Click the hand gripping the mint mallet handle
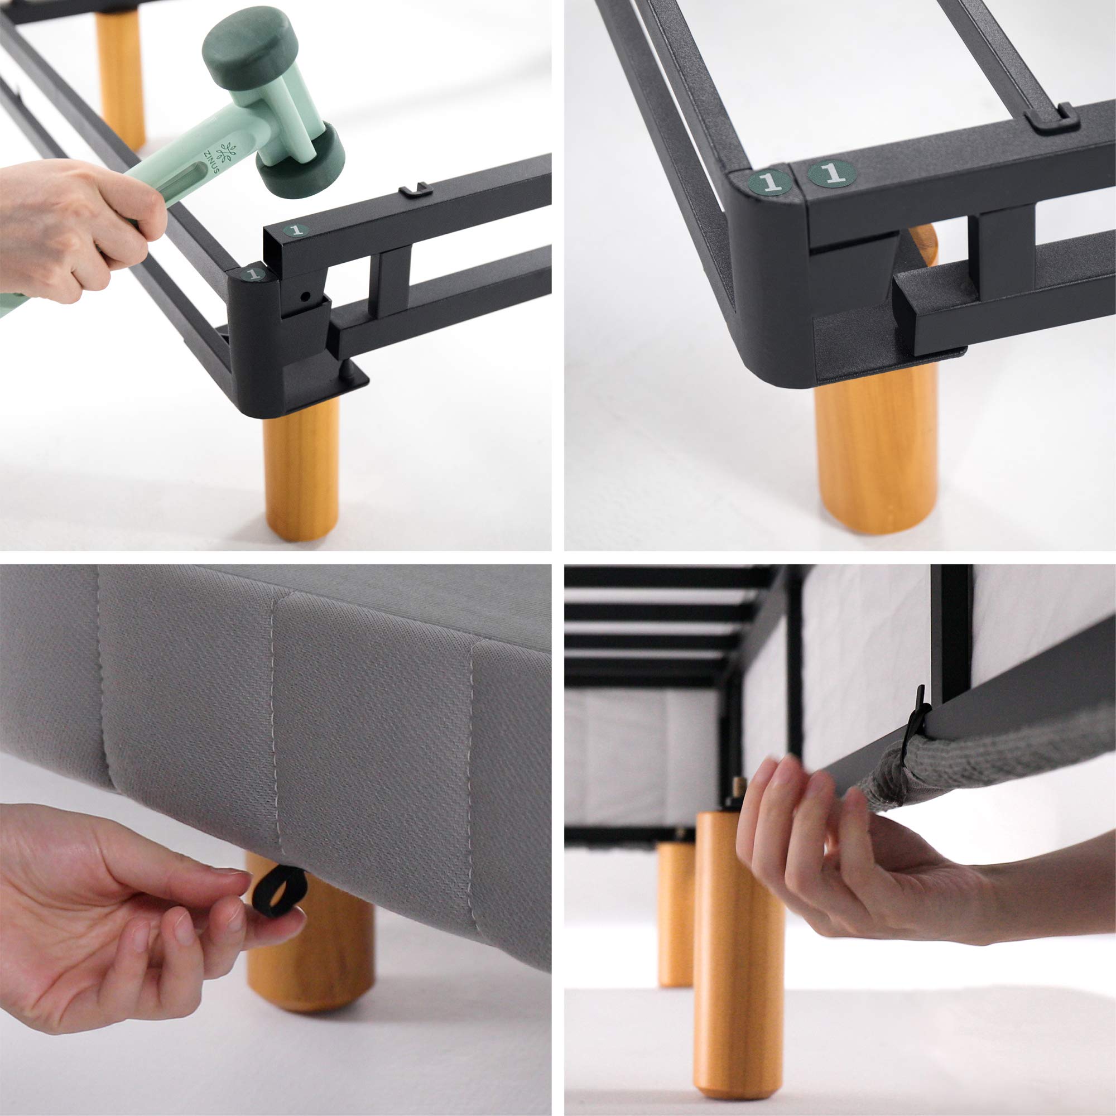point(78,228)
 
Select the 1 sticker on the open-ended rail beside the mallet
point(296,230)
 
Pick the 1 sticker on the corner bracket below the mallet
point(252,273)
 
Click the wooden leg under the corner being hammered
point(301,468)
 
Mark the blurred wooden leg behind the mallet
point(120,78)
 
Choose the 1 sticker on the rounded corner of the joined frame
point(770,182)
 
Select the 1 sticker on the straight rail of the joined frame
point(832,173)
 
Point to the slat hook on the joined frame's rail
point(1051,119)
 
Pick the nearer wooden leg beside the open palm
point(739,953)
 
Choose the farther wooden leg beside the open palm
point(676,913)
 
